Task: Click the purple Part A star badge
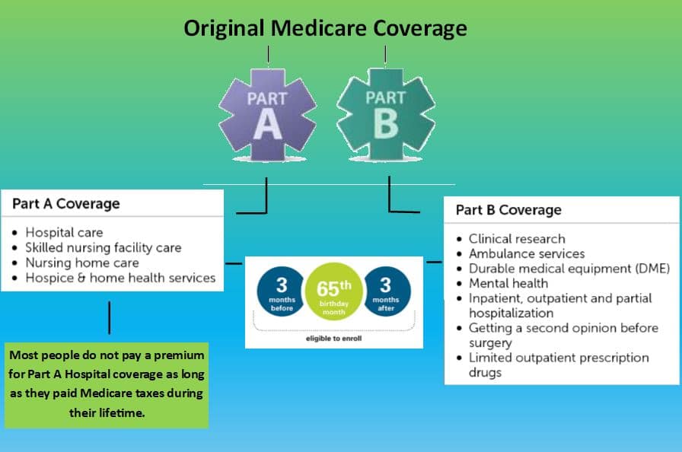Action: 267,115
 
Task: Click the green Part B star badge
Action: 385,115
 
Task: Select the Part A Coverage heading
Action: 66,203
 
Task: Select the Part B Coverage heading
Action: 508,210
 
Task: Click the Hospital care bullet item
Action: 64,233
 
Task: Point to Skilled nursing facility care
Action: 103,248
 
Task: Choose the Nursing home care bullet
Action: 82,263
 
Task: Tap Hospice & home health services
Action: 120,278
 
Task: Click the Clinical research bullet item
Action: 517,239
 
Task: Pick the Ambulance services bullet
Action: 527,253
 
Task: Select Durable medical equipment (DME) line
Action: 569,269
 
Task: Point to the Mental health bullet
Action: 508,283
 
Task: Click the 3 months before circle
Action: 282,291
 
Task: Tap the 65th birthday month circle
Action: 334,291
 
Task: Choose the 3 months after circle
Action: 386,291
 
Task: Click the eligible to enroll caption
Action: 333,339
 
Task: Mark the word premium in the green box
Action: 179,355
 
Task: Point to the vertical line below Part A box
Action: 109,318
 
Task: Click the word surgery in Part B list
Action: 490,343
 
